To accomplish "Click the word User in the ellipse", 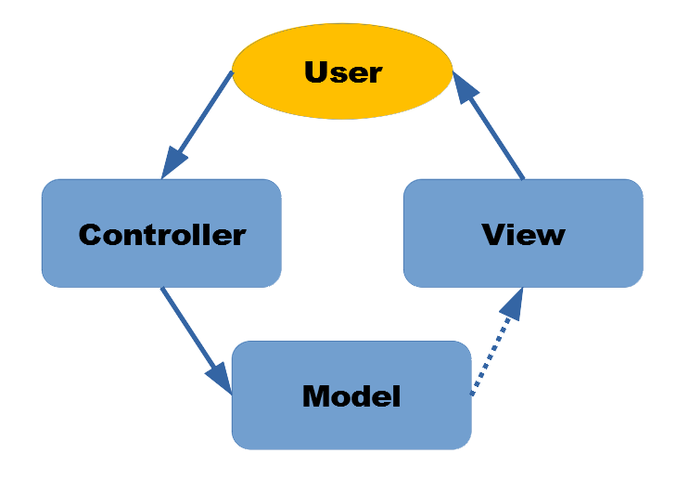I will tap(343, 71).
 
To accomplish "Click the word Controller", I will tap(161, 234).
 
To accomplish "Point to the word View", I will tap(523, 234).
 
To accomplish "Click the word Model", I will tap(351, 396).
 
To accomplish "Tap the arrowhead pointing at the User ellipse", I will tap(466, 85).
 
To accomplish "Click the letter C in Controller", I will tap(90, 234).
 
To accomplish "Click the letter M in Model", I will tap(317, 396).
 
